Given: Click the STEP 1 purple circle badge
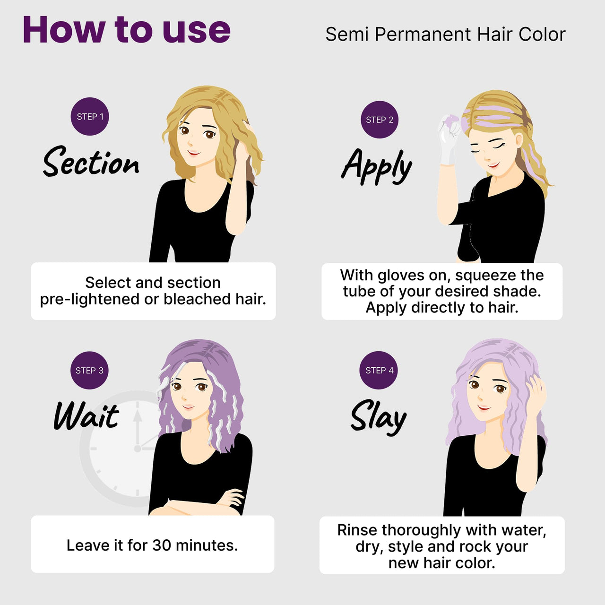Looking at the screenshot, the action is (x=90, y=116).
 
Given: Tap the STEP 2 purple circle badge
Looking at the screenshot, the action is (x=380, y=120).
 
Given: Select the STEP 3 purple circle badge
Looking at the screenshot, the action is (x=89, y=371).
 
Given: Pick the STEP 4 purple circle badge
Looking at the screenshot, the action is (x=379, y=370).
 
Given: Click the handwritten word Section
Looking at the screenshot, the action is (x=91, y=162).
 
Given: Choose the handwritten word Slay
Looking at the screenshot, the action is (x=378, y=417).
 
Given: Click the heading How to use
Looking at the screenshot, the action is (x=127, y=30).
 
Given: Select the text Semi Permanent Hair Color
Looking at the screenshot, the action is (x=446, y=34).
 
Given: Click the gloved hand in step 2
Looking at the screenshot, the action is (x=449, y=138).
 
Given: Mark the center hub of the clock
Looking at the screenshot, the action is (x=138, y=449).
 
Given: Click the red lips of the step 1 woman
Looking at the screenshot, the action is (x=194, y=153).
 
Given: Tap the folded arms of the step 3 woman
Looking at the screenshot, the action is (x=196, y=504).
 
